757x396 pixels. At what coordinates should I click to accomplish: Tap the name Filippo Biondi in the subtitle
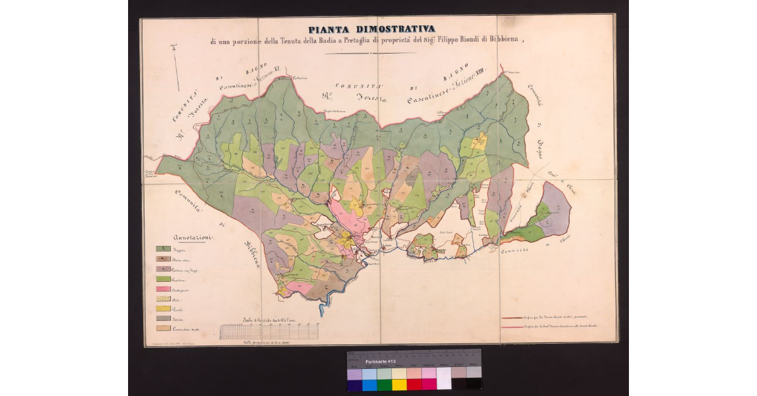coord(456,40)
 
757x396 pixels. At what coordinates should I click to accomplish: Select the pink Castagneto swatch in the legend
coord(163,289)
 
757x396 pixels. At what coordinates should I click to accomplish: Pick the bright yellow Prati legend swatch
coord(163,308)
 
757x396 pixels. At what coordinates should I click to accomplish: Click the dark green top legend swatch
coord(163,250)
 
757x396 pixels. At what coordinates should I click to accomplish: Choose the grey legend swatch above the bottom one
coord(163,318)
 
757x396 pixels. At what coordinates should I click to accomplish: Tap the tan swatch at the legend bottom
coord(163,328)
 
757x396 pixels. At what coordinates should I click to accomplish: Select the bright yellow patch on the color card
coord(399,385)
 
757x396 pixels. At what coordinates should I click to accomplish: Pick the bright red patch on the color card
coord(414,385)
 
